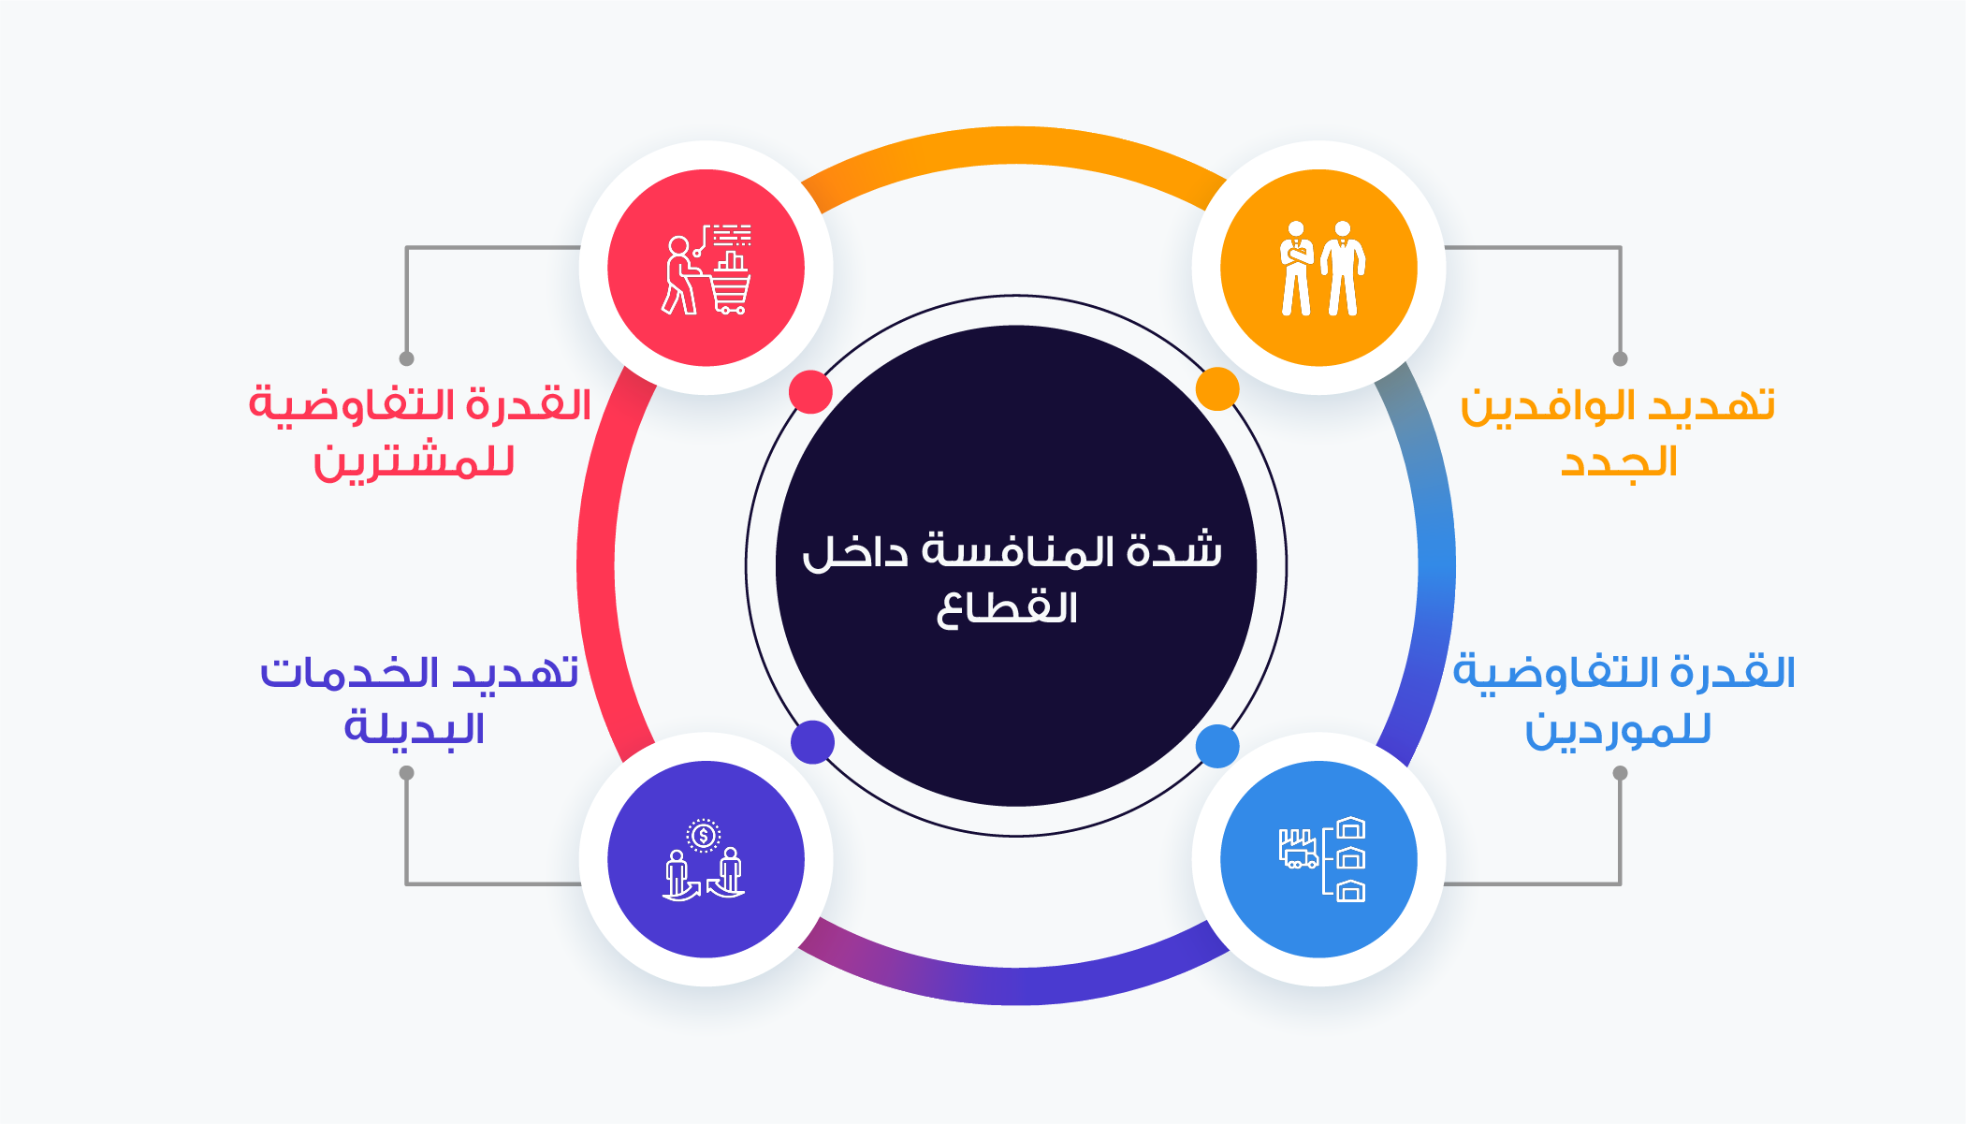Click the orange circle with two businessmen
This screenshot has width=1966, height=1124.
(1318, 268)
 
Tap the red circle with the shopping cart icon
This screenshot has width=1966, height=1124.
(706, 268)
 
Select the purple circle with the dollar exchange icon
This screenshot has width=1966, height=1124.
(706, 859)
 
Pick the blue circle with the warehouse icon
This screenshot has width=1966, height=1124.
(1318, 859)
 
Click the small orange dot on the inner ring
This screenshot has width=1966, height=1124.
(1217, 388)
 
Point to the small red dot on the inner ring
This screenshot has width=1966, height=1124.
(810, 391)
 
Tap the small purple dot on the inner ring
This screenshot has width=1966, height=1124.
(812, 742)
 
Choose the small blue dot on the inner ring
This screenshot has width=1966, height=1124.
(1217, 746)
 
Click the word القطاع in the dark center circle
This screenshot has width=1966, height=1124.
(1007, 608)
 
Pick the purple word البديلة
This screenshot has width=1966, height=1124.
(414, 728)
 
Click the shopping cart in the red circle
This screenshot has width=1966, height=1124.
(730, 285)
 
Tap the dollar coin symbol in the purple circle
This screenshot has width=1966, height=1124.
(704, 835)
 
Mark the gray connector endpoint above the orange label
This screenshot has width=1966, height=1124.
(1620, 358)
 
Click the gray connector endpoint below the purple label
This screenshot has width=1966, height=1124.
(406, 773)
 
